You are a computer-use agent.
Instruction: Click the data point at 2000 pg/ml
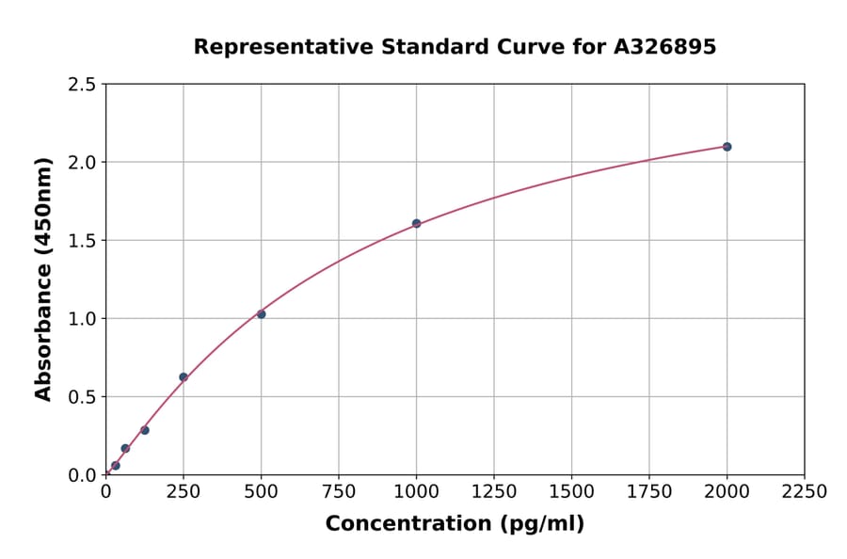tap(727, 147)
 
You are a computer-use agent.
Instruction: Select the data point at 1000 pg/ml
tap(416, 224)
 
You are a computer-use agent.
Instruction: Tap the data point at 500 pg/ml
tap(261, 314)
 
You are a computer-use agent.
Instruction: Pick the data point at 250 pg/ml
tap(184, 377)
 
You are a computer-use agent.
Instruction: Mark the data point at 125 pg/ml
tap(145, 430)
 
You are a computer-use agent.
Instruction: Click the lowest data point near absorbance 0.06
tap(116, 466)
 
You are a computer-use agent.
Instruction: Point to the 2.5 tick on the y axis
tap(83, 85)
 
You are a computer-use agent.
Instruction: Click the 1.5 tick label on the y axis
tap(83, 241)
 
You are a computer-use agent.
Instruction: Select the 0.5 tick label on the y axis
tap(83, 397)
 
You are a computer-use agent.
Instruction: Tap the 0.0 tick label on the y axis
tap(83, 475)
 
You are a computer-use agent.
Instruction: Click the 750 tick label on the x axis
tap(339, 492)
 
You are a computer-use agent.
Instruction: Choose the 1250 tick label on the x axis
tap(494, 492)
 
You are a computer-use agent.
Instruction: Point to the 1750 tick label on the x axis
tap(649, 492)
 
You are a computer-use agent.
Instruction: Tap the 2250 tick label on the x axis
tap(805, 492)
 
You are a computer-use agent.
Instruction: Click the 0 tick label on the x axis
tap(105, 492)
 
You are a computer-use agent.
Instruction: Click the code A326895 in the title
tap(664, 47)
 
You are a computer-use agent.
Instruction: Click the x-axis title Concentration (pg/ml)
tap(455, 524)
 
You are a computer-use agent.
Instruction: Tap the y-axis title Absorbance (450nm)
tap(43, 279)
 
